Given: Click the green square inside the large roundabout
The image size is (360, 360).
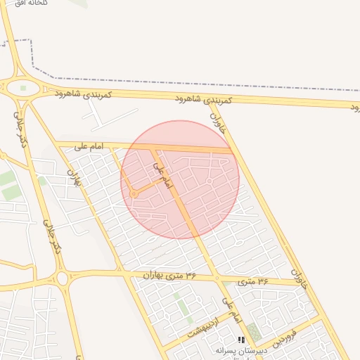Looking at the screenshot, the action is (x=23, y=88).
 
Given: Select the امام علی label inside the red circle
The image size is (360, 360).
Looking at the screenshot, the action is (x=162, y=176).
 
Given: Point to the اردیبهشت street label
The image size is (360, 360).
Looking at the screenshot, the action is (x=209, y=320).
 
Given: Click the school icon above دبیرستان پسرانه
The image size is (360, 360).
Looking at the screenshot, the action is (x=241, y=339).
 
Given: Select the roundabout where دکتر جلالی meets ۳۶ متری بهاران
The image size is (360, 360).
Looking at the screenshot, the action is (x=63, y=278).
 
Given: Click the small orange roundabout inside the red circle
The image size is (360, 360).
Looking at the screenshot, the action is (x=134, y=194).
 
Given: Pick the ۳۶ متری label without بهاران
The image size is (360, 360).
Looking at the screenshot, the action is (x=253, y=281).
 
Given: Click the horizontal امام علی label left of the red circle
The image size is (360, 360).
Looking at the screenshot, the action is (x=89, y=146).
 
